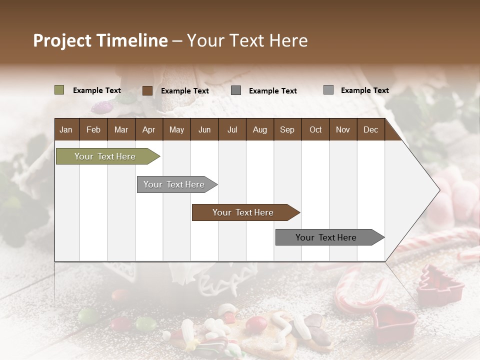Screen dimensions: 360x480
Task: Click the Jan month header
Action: (x=66, y=129)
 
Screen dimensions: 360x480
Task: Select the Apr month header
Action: (x=148, y=129)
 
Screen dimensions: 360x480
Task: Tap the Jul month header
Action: (x=232, y=129)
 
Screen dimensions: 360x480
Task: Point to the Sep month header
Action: (x=287, y=129)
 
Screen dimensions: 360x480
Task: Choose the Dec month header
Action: (x=370, y=129)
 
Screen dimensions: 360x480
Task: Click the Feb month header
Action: (x=93, y=129)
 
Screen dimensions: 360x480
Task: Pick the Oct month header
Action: (x=315, y=129)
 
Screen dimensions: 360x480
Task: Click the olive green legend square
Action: (x=59, y=90)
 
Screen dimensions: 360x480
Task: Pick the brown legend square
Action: (x=147, y=90)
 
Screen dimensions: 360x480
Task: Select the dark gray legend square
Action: (x=236, y=90)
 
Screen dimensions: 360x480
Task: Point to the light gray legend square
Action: (x=328, y=90)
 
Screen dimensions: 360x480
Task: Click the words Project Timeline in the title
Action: (x=100, y=40)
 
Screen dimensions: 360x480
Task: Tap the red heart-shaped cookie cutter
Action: (x=394, y=320)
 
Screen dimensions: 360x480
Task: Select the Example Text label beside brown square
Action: (x=185, y=91)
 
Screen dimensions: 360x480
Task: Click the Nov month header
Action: (x=343, y=129)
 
